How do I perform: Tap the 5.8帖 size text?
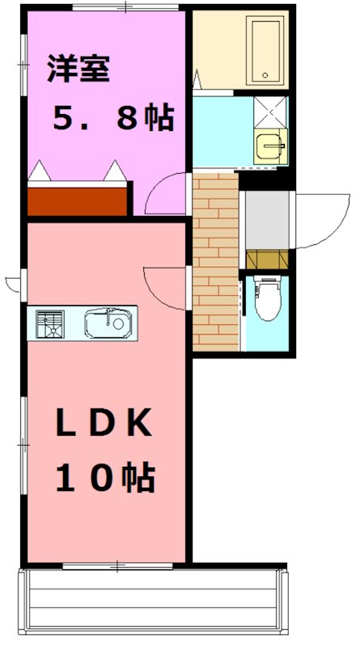[x=112, y=118]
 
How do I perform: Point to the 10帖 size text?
[x=105, y=480]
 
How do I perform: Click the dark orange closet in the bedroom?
[x=78, y=200]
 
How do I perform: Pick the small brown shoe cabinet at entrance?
[x=267, y=259]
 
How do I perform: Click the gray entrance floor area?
[x=267, y=218]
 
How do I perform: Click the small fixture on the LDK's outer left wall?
[x=11, y=283]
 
